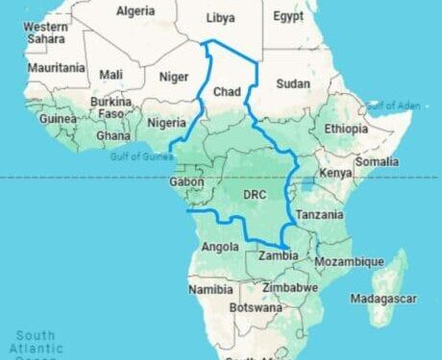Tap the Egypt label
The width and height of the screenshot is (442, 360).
(x=287, y=17)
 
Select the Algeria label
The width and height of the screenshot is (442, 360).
(x=135, y=12)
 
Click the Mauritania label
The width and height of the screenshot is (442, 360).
(x=56, y=69)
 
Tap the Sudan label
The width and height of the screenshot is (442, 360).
(x=292, y=84)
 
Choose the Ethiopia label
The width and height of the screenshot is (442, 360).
(x=346, y=129)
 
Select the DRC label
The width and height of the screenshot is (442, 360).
(x=255, y=195)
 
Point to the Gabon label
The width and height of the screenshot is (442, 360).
(x=185, y=181)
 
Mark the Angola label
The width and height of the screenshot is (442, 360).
(x=216, y=246)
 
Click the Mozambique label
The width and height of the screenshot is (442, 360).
(x=350, y=261)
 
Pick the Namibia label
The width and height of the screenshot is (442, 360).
(x=210, y=289)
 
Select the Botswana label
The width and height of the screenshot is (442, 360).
(x=255, y=308)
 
